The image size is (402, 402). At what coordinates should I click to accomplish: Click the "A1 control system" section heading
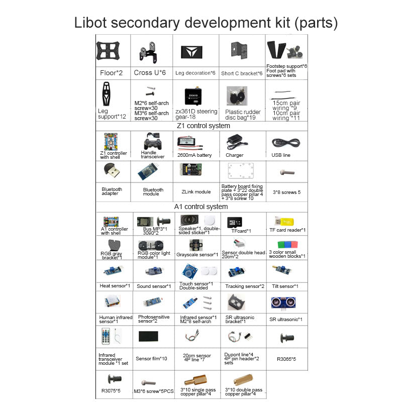201,207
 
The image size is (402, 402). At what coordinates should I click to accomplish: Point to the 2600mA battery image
193,143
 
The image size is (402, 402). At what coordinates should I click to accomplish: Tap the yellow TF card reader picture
283,221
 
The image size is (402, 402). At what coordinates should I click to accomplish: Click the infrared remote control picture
107,336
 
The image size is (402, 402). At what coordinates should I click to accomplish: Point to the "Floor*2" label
111,73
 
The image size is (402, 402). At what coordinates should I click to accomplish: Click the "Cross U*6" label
150,73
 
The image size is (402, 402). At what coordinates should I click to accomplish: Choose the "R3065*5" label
287,359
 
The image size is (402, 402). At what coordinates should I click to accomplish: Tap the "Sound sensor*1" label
152,286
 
